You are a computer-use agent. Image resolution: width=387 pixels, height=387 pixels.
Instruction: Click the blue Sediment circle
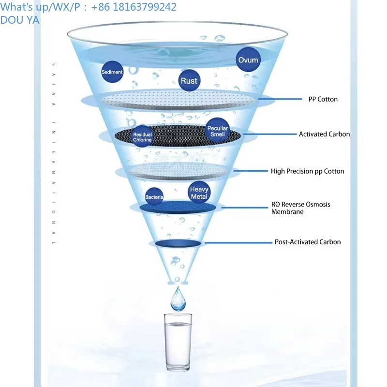click(x=112, y=72)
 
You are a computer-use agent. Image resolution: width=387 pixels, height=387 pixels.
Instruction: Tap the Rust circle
click(x=189, y=80)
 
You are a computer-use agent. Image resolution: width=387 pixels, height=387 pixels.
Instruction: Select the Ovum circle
click(x=248, y=60)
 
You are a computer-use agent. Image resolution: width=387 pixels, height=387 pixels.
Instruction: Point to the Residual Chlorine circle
click(x=142, y=137)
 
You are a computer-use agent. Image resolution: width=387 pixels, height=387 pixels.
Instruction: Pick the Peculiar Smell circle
click(x=217, y=131)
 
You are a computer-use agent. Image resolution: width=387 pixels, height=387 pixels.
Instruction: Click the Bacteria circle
click(x=154, y=197)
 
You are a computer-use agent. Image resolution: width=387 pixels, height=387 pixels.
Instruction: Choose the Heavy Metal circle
click(x=199, y=193)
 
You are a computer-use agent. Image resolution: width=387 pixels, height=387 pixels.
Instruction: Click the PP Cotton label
click(x=323, y=99)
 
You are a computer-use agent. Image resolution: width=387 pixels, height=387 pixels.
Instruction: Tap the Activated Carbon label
click(x=324, y=134)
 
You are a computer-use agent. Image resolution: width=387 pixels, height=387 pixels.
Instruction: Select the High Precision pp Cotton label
click(x=307, y=171)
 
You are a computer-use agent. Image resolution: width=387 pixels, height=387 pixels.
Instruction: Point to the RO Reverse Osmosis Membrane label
click(x=300, y=208)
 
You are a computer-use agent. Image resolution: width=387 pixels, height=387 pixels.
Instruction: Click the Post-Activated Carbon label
click(x=308, y=242)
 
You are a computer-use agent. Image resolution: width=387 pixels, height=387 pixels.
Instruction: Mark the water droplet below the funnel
click(x=178, y=299)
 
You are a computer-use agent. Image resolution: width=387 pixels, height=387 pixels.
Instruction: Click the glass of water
click(x=178, y=342)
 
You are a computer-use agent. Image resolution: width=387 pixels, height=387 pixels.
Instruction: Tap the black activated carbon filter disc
click(x=178, y=136)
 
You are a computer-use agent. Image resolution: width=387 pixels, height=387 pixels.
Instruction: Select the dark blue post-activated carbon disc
click(x=178, y=243)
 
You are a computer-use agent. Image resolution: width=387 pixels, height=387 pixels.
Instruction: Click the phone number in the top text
click(x=134, y=7)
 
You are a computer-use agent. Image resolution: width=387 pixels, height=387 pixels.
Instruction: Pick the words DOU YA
click(x=20, y=20)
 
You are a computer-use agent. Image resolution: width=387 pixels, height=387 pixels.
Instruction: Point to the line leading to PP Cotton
click(x=280, y=99)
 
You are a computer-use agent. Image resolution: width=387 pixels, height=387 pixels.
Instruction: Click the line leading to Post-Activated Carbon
click(x=238, y=243)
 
